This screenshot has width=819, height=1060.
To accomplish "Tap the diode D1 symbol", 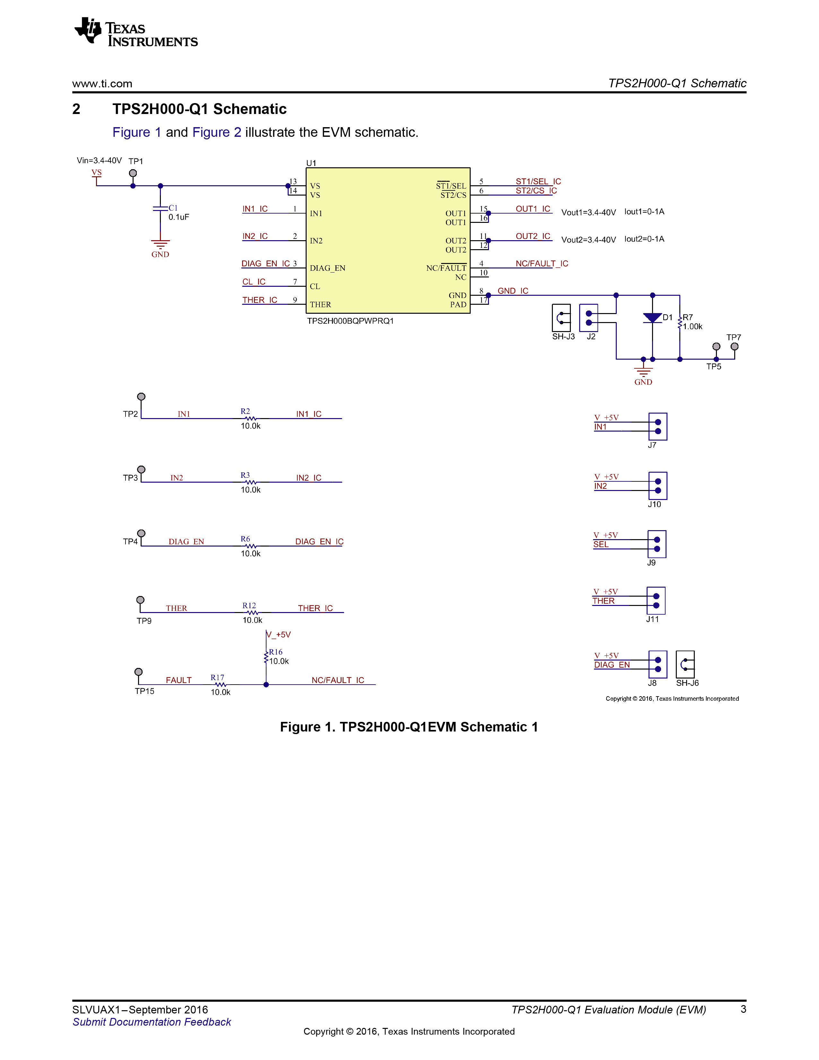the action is click(653, 318).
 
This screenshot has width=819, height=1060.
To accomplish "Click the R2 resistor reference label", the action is click(246, 411).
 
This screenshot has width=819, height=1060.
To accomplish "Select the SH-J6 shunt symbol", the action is click(685, 664).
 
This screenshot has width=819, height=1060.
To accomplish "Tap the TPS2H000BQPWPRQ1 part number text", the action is click(350, 321).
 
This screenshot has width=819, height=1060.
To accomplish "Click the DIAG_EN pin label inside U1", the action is click(327, 268).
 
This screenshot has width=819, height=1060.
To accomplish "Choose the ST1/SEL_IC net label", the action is click(538, 181).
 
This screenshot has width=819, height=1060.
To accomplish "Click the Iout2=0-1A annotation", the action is click(644, 239).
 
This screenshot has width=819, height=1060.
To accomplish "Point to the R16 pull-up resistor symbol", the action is click(266, 657).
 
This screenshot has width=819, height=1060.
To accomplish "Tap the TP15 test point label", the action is click(144, 691).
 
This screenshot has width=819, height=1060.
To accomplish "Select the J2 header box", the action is click(588, 318).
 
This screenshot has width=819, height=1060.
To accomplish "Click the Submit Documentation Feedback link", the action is click(152, 1022).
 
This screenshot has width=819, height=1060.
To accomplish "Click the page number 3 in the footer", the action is click(743, 1009).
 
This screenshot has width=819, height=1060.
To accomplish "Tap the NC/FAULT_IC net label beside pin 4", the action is click(542, 264).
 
